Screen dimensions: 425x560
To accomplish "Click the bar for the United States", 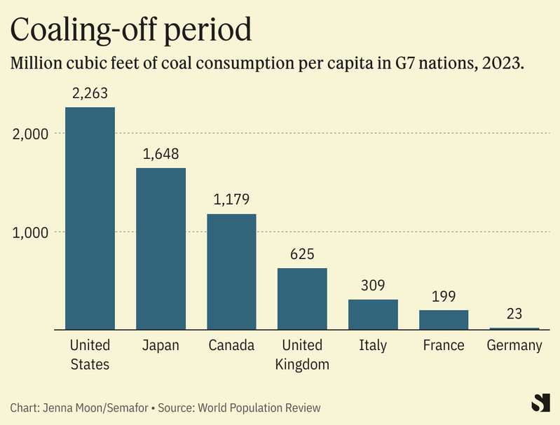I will pyautogui.click(x=90, y=218).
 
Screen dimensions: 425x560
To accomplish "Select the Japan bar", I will pyautogui.click(x=161, y=249).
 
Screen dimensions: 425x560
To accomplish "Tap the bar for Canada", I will pyautogui.click(x=231, y=272).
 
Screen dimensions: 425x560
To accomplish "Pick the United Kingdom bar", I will pyautogui.click(x=302, y=298).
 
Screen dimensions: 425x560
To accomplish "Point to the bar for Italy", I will pyautogui.click(x=373, y=314).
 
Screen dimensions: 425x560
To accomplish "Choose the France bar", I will pyautogui.click(x=444, y=319).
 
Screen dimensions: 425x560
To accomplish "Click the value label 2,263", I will pyautogui.click(x=90, y=92).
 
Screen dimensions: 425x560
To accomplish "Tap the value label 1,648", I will pyautogui.click(x=161, y=153).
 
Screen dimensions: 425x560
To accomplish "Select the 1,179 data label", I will pyautogui.click(x=231, y=200).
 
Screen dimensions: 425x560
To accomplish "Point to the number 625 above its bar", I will pyautogui.click(x=302, y=253).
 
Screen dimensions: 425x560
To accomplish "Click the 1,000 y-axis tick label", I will pyautogui.click(x=30, y=232).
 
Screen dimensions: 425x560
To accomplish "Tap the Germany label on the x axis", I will pyautogui.click(x=514, y=345).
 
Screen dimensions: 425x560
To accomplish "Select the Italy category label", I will pyautogui.click(x=373, y=345).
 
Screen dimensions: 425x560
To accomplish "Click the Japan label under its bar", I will pyautogui.click(x=161, y=345).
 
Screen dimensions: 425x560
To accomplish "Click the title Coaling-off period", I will pyautogui.click(x=131, y=29).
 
